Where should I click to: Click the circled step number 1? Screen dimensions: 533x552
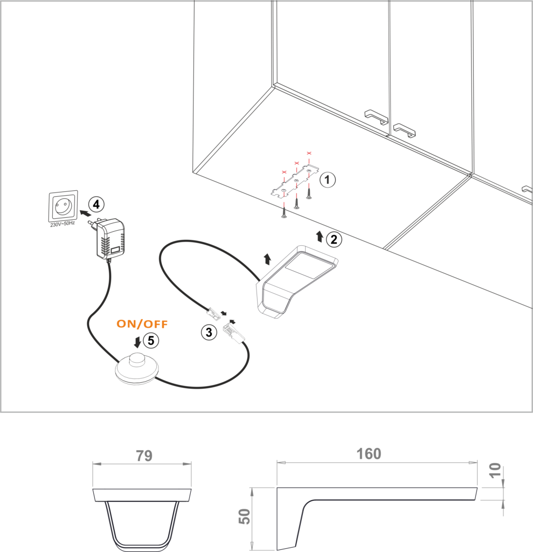(328, 180)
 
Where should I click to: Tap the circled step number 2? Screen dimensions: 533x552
(334, 239)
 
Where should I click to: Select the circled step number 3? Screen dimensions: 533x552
(209, 332)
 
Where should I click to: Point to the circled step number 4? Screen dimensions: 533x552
(96, 204)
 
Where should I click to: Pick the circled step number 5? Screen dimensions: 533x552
(151, 341)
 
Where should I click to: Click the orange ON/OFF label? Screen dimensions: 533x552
(142, 324)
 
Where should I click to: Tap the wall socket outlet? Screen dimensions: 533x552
(64, 206)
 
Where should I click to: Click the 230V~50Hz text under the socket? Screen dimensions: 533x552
(63, 224)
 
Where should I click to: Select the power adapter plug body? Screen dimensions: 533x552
(109, 239)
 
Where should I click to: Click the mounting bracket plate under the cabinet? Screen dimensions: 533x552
(295, 180)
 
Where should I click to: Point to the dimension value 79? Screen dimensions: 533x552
(144, 456)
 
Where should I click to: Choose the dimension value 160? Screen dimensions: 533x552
(369, 454)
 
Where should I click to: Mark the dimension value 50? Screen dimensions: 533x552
(245, 516)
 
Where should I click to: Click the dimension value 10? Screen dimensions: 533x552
(495, 470)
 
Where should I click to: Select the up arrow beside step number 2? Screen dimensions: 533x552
(320, 237)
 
